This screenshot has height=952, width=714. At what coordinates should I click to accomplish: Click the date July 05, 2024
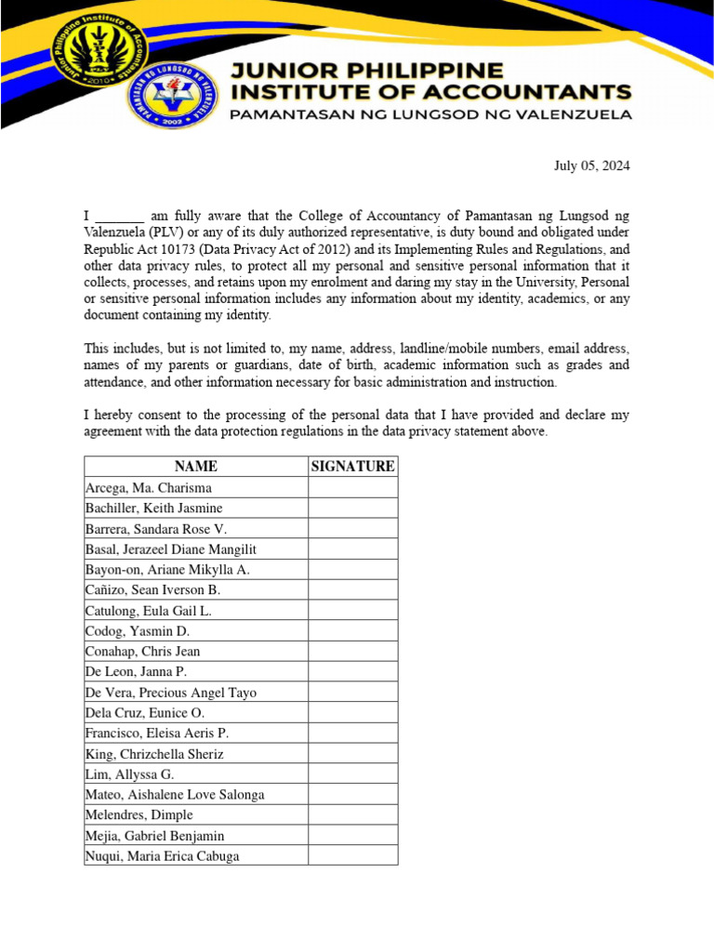(x=591, y=166)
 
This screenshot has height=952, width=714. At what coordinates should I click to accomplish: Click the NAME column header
(x=195, y=467)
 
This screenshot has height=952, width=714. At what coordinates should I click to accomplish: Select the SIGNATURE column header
(x=352, y=467)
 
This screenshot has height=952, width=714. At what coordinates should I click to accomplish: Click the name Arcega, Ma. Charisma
(x=149, y=488)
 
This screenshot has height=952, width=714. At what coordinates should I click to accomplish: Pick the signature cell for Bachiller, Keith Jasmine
(x=352, y=509)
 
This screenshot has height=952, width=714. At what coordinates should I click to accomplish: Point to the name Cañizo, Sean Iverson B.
(x=152, y=590)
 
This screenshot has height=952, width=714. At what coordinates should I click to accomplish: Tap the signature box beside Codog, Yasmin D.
(x=352, y=631)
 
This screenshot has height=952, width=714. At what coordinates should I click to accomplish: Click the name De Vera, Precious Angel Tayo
(x=170, y=693)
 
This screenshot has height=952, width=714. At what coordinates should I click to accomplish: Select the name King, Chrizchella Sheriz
(x=154, y=754)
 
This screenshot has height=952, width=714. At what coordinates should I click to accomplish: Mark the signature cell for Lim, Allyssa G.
(x=352, y=774)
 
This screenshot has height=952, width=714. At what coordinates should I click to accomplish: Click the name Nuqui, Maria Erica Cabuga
(x=162, y=856)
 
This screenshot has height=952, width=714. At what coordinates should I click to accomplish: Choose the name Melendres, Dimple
(x=139, y=815)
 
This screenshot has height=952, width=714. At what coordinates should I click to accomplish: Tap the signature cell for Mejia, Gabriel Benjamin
(x=352, y=836)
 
